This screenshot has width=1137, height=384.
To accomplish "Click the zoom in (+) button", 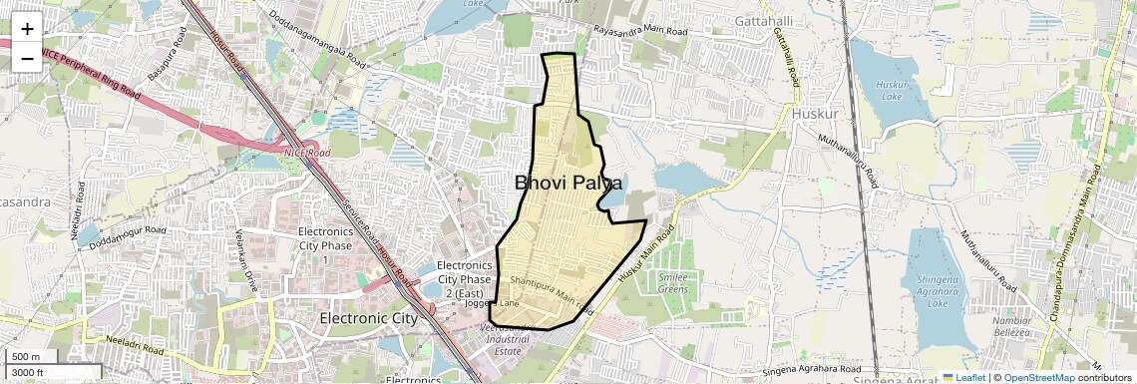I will pyautogui.click(x=27, y=28).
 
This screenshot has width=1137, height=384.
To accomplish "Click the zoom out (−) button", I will pyautogui.click(x=27, y=57).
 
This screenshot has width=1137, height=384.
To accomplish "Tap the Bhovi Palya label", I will pyautogui.click(x=568, y=183).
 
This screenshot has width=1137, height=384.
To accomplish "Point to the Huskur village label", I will pyautogui.click(x=817, y=113).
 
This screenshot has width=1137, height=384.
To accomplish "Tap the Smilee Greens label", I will pyautogui.click(x=673, y=282).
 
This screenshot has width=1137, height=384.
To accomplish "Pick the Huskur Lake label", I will pyautogui.click(x=890, y=91).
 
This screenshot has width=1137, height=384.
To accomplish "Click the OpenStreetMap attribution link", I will pyautogui.click(x=1038, y=377).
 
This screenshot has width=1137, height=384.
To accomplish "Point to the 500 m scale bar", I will pyautogui.click(x=30, y=356).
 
